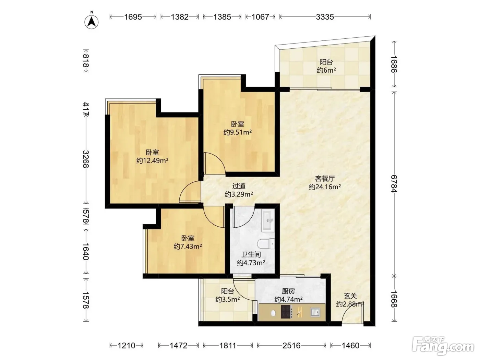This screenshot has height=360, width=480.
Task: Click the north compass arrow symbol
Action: [x=92, y=22]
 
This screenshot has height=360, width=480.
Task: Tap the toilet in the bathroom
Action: [x=266, y=244]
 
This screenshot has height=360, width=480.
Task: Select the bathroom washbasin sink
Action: [x=268, y=220]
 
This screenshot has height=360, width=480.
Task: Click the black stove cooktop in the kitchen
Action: [x=286, y=312]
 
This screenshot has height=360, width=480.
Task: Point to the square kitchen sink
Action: [x=315, y=312]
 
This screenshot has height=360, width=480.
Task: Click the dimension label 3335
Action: [x=325, y=17]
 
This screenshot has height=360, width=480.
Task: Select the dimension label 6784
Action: [x=394, y=184]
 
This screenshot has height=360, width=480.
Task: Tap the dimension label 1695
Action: [x=133, y=17]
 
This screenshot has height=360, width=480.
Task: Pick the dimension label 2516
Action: [x=291, y=346]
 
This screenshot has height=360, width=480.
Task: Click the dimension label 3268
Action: [x=86, y=159]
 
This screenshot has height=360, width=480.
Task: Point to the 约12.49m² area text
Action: [x=153, y=161]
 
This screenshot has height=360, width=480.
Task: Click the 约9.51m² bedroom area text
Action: [x=238, y=132]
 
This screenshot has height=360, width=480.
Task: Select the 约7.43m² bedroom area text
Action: [x=188, y=246]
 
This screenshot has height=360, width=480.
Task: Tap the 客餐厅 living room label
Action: [x=325, y=179]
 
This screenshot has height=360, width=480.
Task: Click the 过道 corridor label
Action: [x=239, y=186]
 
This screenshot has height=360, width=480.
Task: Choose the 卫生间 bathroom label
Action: [x=251, y=254]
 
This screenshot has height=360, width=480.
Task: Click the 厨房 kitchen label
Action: [x=288, y=291]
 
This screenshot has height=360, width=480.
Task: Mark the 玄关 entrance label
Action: [x=350, y=296]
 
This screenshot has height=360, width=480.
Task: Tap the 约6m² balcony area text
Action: [x=326, y=70]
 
